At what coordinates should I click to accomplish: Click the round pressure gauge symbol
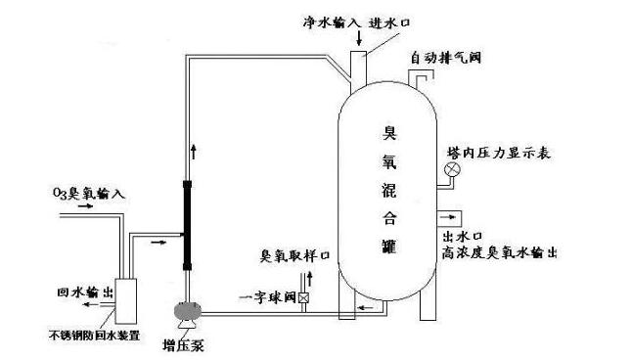[x=452, y=170]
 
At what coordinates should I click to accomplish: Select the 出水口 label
[x=460, y=238]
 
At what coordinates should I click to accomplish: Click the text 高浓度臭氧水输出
[x=498, y=252]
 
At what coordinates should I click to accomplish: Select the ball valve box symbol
[x=304, y=296]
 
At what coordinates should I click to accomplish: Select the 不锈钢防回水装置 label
[x=94, y=335]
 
